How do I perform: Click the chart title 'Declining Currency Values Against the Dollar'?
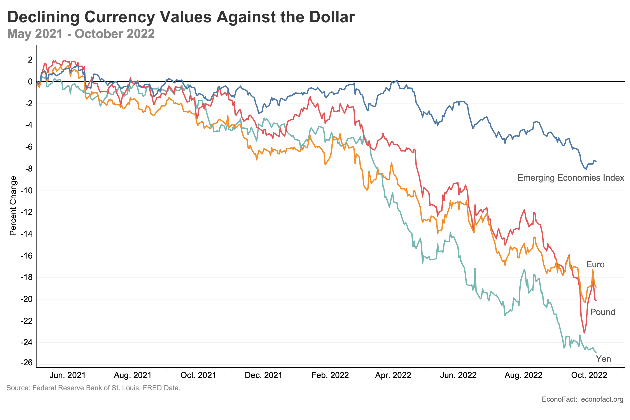181,17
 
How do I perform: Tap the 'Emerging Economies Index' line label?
570,178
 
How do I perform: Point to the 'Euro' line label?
595,265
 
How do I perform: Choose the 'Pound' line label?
602,312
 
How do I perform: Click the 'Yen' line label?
603,359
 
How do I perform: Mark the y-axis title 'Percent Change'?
13,206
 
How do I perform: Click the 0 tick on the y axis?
30,82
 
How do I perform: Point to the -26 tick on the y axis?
26,363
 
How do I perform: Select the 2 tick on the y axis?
30,60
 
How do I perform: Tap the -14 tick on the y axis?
26,234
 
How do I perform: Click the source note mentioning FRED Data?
93,388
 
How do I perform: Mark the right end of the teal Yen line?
596,352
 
